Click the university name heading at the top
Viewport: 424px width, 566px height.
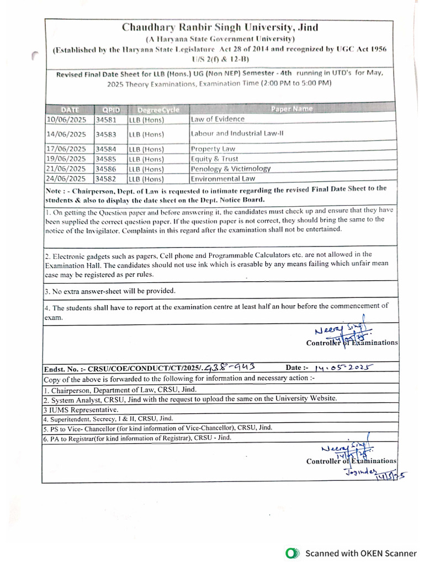(220, 28)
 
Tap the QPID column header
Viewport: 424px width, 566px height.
(110, 109)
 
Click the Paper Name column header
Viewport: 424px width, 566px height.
(291, 109)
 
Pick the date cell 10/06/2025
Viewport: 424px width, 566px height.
(66, 119)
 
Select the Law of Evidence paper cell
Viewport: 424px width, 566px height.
(217, 119)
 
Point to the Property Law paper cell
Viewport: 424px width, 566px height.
(213, 149)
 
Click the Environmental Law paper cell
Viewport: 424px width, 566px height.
(222, 179)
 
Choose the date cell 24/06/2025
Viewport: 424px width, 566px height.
(66, 179)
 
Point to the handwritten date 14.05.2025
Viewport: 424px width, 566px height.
(343, 368)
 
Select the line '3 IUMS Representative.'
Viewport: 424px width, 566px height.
(81, 410)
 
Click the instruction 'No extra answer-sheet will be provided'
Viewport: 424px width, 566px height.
(110, 291)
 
